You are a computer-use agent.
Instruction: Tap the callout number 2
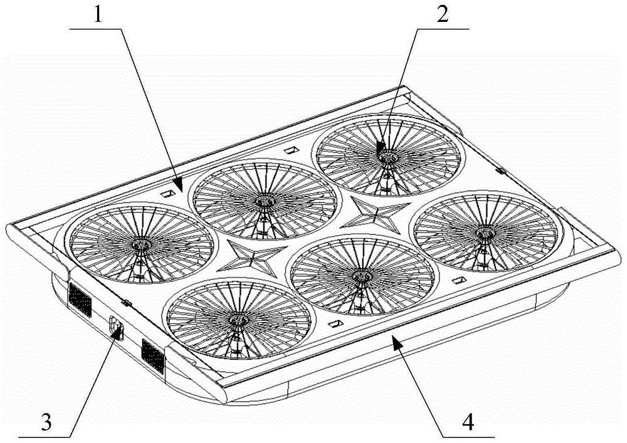442,15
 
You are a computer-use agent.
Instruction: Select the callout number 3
46,422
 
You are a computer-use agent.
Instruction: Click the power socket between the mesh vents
116,326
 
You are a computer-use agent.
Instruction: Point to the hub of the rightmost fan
485,232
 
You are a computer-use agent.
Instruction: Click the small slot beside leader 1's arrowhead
168,194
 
